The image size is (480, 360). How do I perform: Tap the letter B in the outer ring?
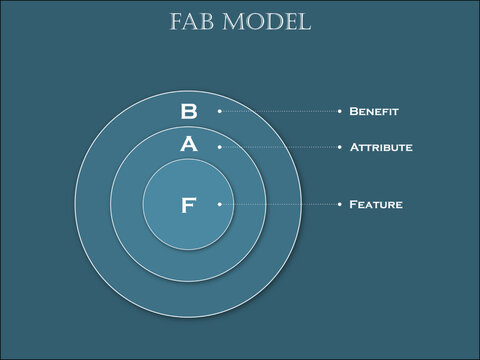(189, 111)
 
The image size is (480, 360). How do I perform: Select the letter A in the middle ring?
(189, 145)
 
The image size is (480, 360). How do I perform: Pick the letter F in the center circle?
(189, 206)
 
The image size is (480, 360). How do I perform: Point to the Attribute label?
(381, 147)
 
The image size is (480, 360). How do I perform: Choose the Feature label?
(376, 204)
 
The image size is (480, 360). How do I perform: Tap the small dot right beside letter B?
(219, 111)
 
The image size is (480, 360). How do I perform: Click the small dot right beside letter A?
(219, 146)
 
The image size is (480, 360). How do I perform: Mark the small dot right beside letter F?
(219, 204)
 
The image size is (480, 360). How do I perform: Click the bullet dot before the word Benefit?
(340, 111)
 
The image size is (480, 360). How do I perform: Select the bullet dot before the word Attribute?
(340, 146)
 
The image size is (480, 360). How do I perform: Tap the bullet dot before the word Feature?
(340, 204)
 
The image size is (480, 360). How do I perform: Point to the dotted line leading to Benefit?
(280, 111)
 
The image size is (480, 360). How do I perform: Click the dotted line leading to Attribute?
(280, 146)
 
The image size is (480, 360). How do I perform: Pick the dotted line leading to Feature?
(280, 204)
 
